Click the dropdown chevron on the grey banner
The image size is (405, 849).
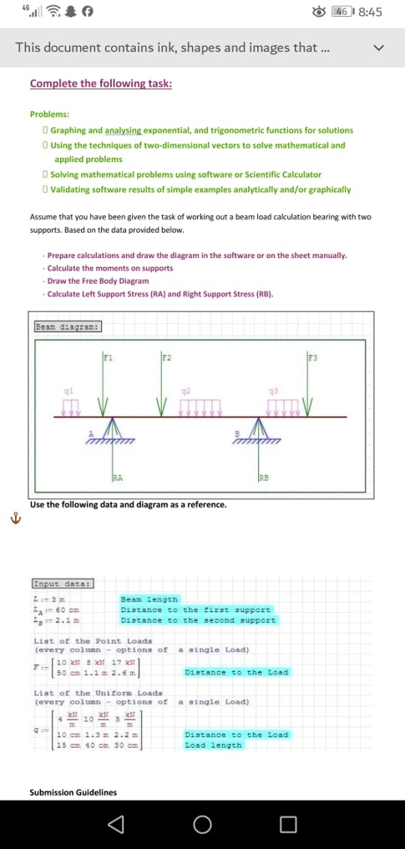[380, 48]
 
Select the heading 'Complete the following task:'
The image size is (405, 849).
[100, 83]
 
